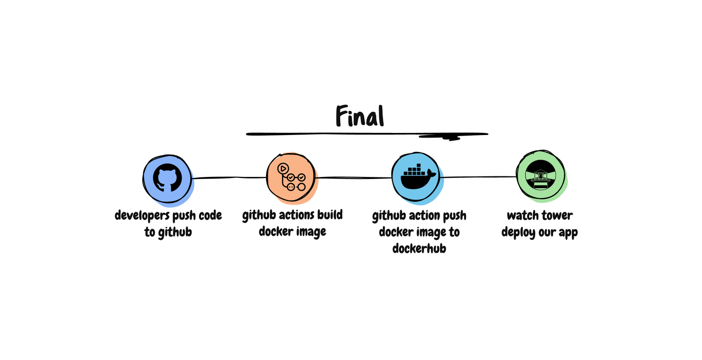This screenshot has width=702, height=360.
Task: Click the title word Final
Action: (x=360, y=116)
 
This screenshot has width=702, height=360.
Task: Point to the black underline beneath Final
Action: (x=366, y=134)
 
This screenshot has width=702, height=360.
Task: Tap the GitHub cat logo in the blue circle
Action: (x=167, y=178)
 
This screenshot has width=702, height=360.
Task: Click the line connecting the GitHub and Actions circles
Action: (x=229, y=178)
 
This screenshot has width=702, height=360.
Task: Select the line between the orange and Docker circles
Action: (x=354, y=177)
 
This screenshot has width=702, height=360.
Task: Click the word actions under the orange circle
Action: (x=296, y=215)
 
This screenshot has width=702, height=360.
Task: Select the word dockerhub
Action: (x=419, y=249)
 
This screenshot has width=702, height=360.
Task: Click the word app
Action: (x=568, y=233)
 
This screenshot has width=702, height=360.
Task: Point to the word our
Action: (x=548, y=233)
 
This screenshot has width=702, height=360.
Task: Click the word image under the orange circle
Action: (x=309, y=232)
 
